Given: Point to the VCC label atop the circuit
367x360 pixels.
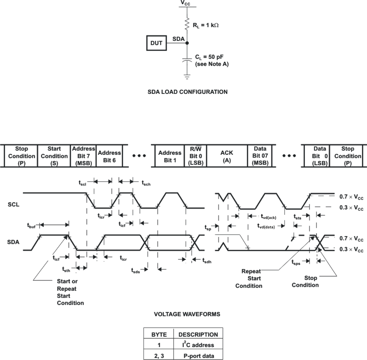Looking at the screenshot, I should (186, 3).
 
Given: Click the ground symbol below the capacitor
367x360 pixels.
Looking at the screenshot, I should (187, 77).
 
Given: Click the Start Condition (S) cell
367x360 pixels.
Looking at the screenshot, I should (54, 156).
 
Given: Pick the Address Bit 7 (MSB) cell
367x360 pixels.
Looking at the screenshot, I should (83, 156).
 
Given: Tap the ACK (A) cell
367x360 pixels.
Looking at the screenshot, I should (226, 156).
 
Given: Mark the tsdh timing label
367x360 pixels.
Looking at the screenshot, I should (206, 261).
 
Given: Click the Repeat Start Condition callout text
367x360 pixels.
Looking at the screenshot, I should (249, 278).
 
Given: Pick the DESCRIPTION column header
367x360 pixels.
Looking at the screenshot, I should (198, 335).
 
